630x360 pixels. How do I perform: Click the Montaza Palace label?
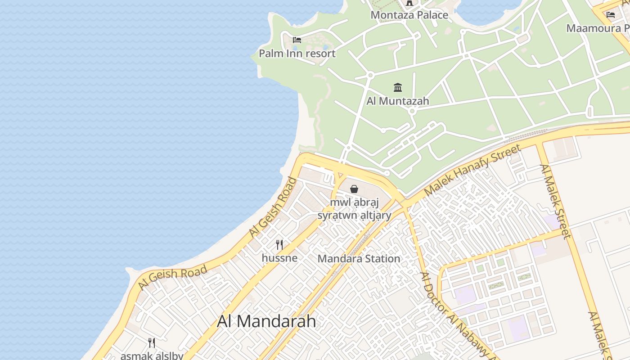tap(409, 15)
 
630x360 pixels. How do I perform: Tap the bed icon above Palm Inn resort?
tap(297, 40)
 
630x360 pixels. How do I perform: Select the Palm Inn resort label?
tap(297, 54)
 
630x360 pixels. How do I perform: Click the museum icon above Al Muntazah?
tap(398, 87)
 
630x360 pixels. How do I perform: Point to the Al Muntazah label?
tap(398, 101)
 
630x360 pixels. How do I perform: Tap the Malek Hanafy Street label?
tap(472, 170)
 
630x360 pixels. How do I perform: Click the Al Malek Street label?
tap(555, 201)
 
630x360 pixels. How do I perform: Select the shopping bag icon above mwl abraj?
tap(354, 189)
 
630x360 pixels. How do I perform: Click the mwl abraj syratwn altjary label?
tap(354, 209)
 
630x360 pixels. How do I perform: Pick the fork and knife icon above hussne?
tap(279, 245)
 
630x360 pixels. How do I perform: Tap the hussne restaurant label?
tap(279, 258)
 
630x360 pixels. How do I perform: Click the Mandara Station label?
tap(359, 259)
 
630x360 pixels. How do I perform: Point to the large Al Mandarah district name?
tap(266, 321)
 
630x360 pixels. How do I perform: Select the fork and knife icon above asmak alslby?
tap(152, 343)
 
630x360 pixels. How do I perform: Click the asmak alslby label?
tap(152, 355)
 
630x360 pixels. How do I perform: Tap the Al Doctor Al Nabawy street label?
tap(454, 315)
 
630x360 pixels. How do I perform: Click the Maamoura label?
tap(598, 28)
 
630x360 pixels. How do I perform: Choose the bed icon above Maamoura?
tap(611, 15)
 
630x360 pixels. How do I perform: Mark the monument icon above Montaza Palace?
tap(409, 3)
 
